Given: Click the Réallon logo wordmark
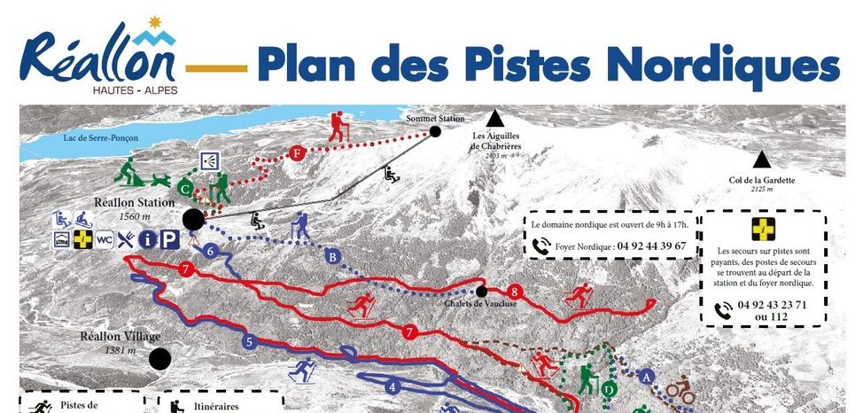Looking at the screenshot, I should tap(100, 58).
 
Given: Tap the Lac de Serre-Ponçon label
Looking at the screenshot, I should tap(98, 138).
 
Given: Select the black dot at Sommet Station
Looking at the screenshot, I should tap(435, 132).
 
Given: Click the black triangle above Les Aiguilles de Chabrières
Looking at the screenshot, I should tap(494, 119).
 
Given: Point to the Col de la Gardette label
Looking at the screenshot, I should tap(761, 180).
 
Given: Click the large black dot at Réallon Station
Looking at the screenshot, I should tap(191, 218).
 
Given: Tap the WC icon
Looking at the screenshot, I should tap(105, 239).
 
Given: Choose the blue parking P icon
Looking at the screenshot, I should tap(169, 239).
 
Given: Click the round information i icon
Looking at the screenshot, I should tap(148, 239).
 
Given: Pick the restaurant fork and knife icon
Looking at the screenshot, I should tap(126, 239).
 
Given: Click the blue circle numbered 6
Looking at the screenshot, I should tap(209, 251).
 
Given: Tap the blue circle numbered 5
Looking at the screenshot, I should tap(250, 341).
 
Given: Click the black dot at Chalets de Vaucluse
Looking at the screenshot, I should tap(481, 291).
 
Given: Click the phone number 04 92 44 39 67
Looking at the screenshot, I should tap(646, 245).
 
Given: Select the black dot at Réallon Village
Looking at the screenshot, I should tap(159, 359).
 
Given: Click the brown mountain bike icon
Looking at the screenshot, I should tap(680, 387).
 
